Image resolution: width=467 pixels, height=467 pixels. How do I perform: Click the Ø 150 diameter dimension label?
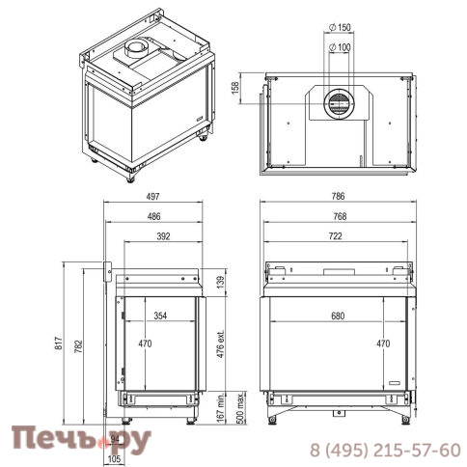pos(340,27)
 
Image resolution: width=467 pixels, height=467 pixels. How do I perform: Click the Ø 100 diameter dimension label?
pos(340,47)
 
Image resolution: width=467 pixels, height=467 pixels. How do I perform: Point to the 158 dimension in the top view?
pos(235,88)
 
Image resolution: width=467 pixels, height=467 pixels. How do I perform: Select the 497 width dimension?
pos(152,196)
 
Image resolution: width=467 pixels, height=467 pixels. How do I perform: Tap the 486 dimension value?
pos(153,216)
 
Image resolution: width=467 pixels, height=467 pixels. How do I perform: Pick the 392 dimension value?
pos(163,236)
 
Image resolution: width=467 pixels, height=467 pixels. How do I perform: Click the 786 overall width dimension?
pos(338,196)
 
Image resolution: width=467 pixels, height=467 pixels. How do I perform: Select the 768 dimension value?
pos(340,216)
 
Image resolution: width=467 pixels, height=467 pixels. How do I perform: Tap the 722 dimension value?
pos(336,236)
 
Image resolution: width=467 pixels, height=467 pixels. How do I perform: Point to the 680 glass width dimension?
pos(338,316)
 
